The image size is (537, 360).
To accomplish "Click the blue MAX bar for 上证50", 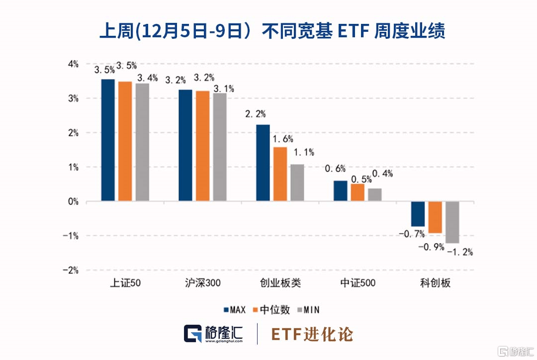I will tap(108, 140).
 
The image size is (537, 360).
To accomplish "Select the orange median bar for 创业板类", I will tap(280, 174).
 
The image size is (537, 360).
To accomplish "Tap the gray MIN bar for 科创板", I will tap(452, 222).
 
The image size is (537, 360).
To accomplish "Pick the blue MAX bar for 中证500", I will tap(341, 191).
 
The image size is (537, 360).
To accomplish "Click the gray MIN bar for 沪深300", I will tap(219, 147).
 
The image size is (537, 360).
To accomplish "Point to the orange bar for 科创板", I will tap(435, 217).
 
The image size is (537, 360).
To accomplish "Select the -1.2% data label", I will tap(460, 252).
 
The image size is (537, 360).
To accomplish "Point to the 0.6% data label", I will tap(335, 169).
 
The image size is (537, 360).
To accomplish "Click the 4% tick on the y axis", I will tap(74, 64).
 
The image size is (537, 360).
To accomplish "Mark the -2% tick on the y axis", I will tap(72, 270).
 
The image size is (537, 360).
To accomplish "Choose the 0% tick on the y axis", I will tap(74, 201).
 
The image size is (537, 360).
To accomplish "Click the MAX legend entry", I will tap(235, 310).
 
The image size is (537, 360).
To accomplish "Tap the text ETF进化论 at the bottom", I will tap(312, 334).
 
